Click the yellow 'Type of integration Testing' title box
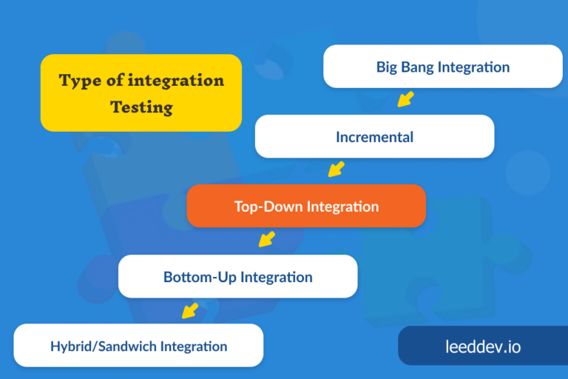pos(141,93)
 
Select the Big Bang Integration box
pos(442,67)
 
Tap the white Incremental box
pos(374,136)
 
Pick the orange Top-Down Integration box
pos(306,206)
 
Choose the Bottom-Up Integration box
pos(237,277)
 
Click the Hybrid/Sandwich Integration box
pos(138,346)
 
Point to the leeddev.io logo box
pos(482,346)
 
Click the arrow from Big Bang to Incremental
pos(405,98)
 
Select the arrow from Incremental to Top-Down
pos(337,169)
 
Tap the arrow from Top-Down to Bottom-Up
pos(267,238)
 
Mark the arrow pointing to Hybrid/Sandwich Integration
pos(190,309)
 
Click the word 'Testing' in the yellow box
pos(141,107)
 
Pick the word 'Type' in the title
pos(80,80)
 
